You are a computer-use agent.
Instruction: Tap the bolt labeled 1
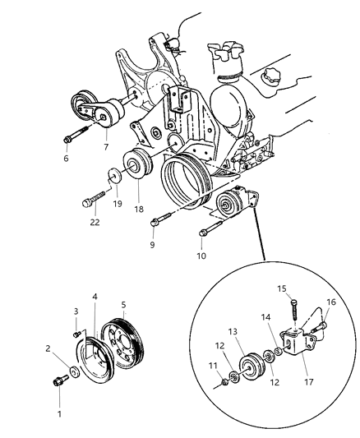pyautogui.click(x=62, y=383)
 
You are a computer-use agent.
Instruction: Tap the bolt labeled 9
pyautogui.click(x=164, y=218)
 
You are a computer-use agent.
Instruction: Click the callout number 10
pyautogui.click(x=201, y=256)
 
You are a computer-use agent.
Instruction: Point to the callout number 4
pyautogui.click(x=95, y=297)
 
